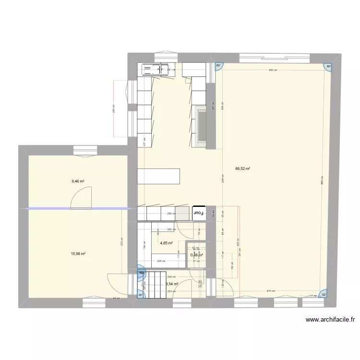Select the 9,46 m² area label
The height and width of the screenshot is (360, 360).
pos(78,181)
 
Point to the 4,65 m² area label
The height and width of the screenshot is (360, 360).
pos(167,243)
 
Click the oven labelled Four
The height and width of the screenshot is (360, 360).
pos(198,213)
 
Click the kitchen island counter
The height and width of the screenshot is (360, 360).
pos(158,176)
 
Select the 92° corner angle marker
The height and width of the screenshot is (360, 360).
pos(324,295)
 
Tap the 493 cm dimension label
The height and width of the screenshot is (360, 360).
pos(272,71)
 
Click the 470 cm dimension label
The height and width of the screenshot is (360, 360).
pos(270,291)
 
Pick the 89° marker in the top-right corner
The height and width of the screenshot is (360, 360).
pos(329,67)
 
